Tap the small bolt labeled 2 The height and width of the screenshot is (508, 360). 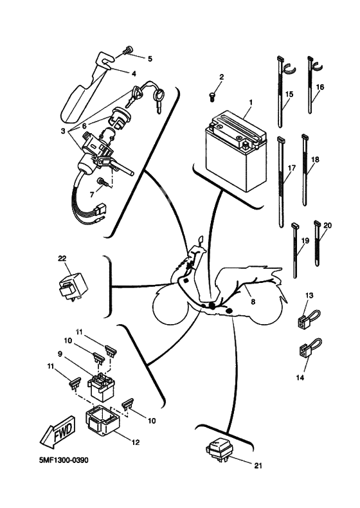point(212,97)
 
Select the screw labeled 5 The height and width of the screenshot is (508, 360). point(128,50)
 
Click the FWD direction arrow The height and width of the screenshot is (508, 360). point(59,431)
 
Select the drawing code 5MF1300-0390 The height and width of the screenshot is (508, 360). point(64,460)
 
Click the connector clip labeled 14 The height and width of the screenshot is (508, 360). point(309,349)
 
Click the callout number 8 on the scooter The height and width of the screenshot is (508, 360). point(253,302)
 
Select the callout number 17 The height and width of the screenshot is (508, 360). point(292,168)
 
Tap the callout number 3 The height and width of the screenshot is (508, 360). point(62,131)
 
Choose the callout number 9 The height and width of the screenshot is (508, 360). point(60,354)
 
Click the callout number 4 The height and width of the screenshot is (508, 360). point(134,73)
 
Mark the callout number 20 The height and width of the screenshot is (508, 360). point(328,225)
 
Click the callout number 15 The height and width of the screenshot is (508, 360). point(289,95)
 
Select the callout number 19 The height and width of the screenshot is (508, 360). point(305,240)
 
